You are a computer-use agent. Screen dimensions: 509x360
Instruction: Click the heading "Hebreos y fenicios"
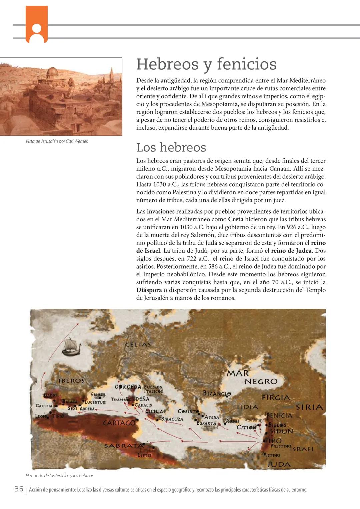click(x=206, y=64)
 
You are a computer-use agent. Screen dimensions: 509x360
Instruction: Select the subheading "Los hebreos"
click(x=171, y=147)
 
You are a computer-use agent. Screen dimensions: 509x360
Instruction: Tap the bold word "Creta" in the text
click(x=236, y=219)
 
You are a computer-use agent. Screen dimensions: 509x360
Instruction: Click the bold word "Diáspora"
click(x=149, y=290)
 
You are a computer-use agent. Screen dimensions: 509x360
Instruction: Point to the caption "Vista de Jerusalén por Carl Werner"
click(x=57, y=141)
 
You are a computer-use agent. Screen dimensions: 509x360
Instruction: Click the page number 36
click(x=19, y=489)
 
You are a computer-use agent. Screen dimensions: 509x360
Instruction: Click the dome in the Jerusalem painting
click(x=53, y=72)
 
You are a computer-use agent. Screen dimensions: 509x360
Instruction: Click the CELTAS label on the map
click(x=138, y=344)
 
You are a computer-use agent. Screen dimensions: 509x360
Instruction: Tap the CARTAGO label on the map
click(x=119, y=423)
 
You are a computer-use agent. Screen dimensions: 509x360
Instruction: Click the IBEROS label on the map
click(x=71, y=380)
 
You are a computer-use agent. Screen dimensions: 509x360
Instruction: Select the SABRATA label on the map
click(x=124, y=446)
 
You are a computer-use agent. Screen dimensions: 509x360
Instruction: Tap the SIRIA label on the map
click(x=309, y=407)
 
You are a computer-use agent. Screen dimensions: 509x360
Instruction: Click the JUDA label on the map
click(x=279, y=464)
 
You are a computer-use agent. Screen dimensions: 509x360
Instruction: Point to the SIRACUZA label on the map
click(x=172, y=419)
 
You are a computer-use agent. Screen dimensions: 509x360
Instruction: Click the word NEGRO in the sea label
click(x=261, y=381)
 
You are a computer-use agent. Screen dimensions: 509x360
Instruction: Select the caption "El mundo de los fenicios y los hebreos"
click(x=60, y=476)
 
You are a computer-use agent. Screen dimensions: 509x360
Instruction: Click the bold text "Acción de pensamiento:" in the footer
click(x=52, y=490)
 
